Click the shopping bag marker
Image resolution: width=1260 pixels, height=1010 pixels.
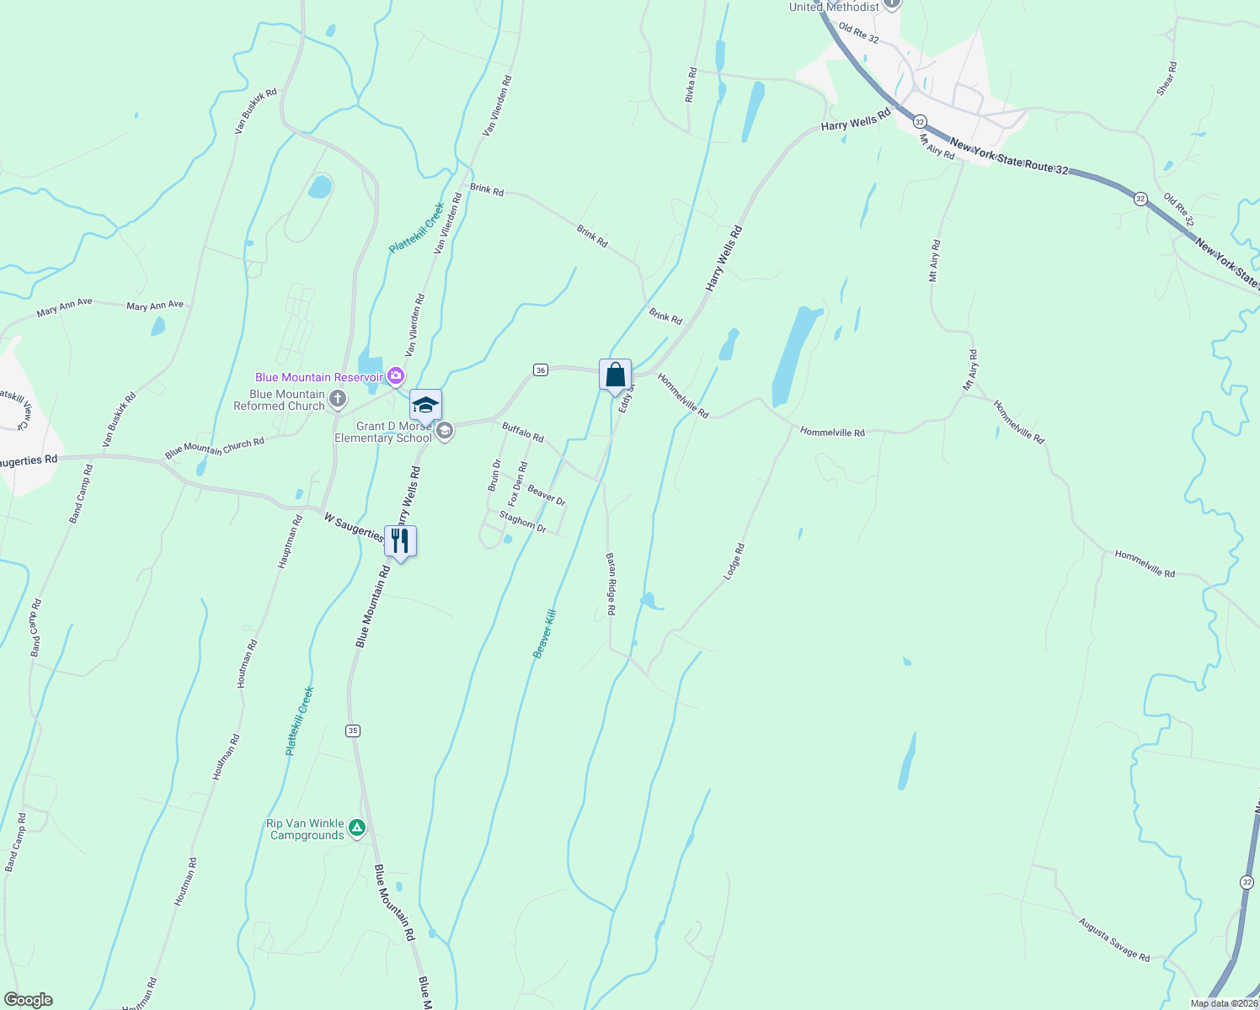pos(615,375)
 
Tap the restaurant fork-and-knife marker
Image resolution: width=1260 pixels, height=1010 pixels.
pos(400,541)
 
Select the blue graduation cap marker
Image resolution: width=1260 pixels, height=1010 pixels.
pos(425,406)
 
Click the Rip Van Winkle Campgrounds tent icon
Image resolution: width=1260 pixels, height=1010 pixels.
pos(357,828)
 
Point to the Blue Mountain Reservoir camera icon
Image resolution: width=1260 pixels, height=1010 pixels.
pos(396,376)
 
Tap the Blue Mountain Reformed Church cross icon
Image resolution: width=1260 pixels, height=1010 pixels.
pos(338,399)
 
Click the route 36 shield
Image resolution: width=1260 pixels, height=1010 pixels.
pos(541,369)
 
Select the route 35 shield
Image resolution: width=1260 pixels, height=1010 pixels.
pos(353,731)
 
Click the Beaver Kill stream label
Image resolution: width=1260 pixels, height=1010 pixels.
pos(545,633)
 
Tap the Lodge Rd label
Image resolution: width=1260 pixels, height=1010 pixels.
pos(734,561)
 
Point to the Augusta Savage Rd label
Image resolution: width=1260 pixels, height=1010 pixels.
pos(1113,939)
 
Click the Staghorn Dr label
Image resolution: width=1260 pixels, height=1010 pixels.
pos(523,522)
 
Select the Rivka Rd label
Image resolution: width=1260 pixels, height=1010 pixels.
pos(691,85)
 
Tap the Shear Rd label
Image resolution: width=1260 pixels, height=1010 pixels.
pos(1167,77)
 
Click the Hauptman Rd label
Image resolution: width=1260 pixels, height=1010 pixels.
pos(288,542)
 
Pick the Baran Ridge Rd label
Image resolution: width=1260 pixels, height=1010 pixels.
pos(611,584)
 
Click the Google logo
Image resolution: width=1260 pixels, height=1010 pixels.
pos(28,1000)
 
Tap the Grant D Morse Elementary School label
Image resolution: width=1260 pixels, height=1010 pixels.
pos(383,433)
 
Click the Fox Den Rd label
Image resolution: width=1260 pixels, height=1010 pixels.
pos(517,484)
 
